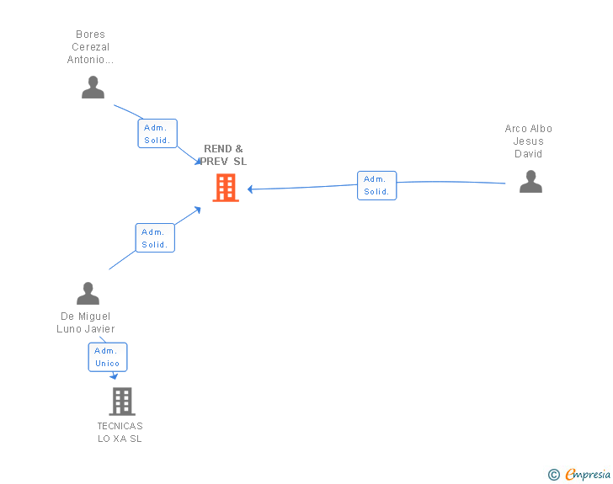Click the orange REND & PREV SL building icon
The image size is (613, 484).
225,188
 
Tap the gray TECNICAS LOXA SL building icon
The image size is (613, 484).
122,402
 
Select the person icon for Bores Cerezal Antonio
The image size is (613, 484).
93,88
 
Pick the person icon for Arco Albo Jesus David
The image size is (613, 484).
530,182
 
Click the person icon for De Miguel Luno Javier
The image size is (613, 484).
88,294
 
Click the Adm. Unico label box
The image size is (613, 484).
108,357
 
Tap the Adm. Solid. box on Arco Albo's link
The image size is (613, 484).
376,185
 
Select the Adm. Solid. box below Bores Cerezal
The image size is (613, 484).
157,134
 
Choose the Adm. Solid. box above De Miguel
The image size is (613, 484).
155,238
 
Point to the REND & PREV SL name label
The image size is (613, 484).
224,155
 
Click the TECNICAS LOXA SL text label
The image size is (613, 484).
120,432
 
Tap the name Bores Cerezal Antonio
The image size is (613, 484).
90,47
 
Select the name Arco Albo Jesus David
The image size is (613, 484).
529,141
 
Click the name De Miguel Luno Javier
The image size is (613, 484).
86,322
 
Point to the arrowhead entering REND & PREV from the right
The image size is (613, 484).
251,189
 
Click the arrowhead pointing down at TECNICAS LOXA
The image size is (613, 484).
114,376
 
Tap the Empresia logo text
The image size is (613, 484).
588,475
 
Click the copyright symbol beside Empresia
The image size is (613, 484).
554,475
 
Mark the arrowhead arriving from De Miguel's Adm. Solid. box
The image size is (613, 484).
198,208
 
